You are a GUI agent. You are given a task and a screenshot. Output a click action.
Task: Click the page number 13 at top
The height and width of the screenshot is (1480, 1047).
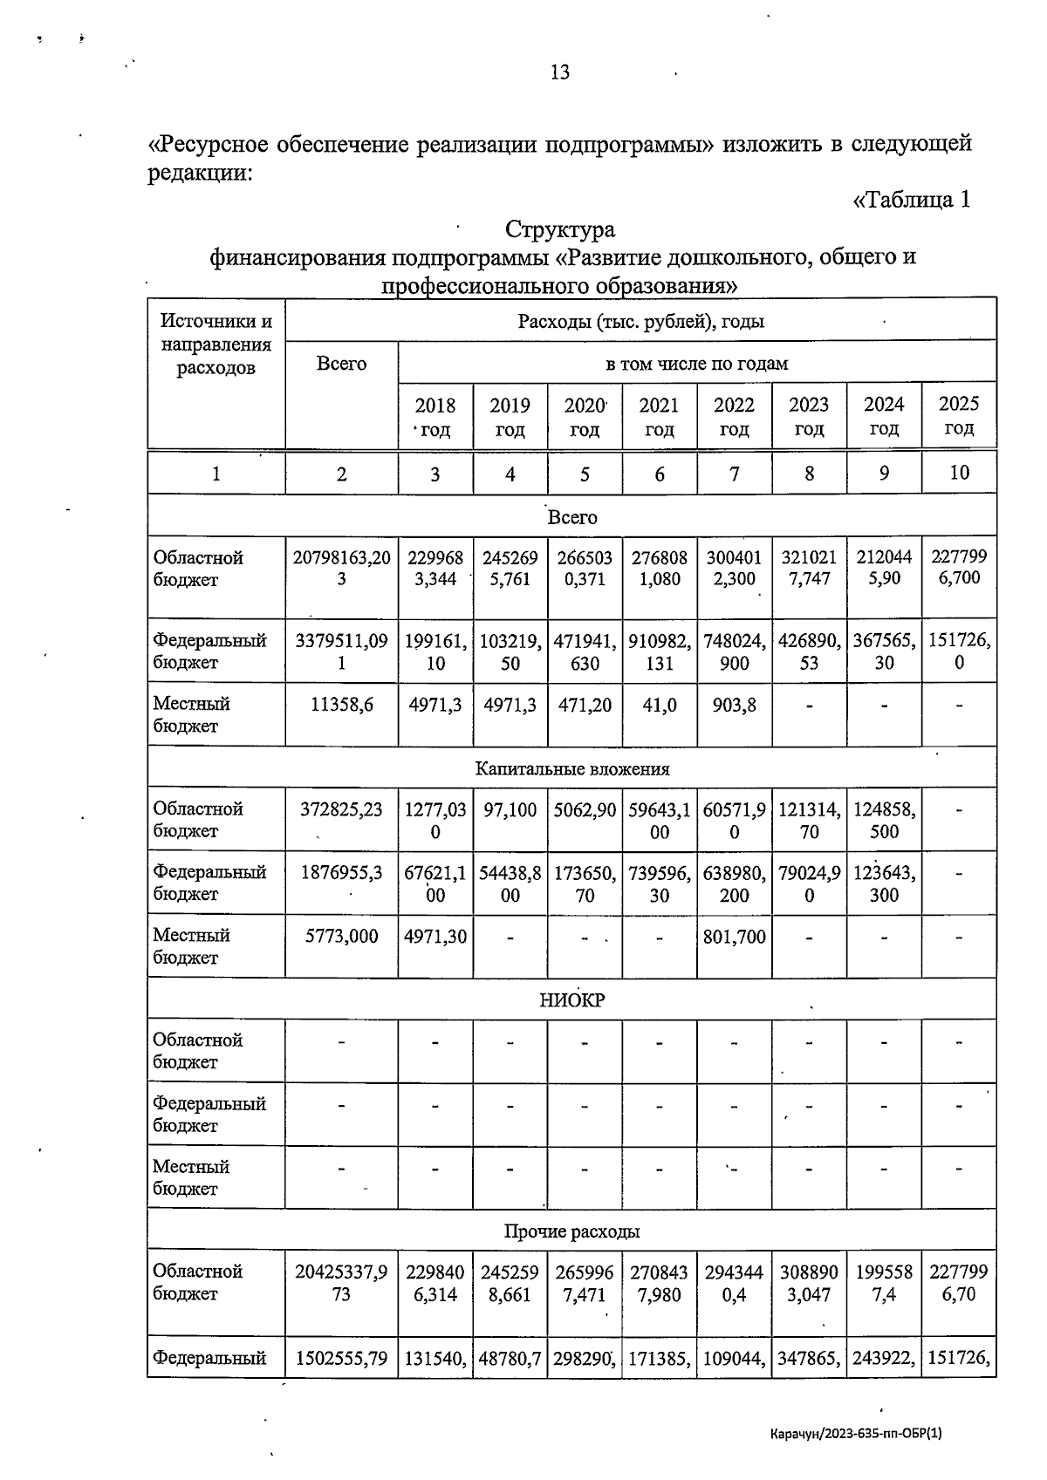(x=560, y=72)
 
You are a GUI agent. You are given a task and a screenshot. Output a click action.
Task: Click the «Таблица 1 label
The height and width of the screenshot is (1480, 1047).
(x=911, y=200)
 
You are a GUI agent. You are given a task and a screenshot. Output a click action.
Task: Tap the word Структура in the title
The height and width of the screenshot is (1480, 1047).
(x=559, y=229)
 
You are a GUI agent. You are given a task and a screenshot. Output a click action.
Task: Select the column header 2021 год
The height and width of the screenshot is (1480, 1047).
(x=659, y=417)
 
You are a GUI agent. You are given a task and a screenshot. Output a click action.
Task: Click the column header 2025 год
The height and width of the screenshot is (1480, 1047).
(x=958, y=416)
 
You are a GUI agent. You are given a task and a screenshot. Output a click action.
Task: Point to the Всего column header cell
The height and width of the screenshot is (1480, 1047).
(x=341, y=364)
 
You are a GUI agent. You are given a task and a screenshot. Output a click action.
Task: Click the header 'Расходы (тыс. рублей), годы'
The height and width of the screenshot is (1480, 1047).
(x=640, y=321)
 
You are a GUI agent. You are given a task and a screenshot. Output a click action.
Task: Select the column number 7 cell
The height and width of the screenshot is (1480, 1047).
(x=734, y=474)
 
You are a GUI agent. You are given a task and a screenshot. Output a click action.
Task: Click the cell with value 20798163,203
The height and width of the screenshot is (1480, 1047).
(x=341, y=568)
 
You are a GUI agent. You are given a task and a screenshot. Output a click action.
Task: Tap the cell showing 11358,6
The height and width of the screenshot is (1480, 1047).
(x=341, y=705)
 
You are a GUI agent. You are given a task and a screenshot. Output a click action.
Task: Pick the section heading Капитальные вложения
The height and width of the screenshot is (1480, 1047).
(x=571, y=768)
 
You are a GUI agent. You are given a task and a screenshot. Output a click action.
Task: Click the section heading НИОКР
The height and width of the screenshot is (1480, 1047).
(x=571, y=1000)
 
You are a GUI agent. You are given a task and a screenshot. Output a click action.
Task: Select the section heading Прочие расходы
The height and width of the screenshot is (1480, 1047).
(x=571, y=1231)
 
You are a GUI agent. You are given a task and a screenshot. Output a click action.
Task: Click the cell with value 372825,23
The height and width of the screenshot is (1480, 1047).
(x=341, y=809)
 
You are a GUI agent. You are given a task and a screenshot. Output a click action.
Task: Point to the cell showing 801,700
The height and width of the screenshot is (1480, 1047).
(x=734, y=937)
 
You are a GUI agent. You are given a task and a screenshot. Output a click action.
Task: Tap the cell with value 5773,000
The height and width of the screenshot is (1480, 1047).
(x=341, y=937)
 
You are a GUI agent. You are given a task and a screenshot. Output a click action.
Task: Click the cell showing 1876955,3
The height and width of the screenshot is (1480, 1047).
(x=341, y=873)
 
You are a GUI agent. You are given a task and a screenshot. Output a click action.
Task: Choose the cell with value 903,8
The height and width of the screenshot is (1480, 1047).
(x=734, y=705)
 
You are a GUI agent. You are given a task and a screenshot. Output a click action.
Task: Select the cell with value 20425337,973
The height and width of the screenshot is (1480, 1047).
(x=341, y=1283)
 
